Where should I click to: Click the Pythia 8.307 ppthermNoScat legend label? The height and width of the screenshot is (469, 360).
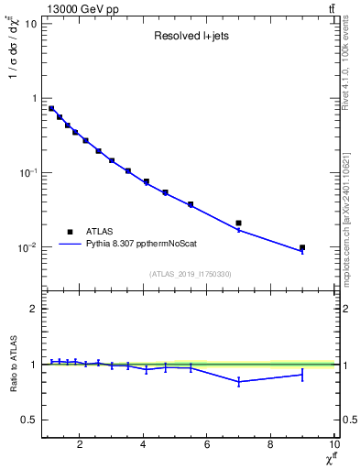coord(136,245)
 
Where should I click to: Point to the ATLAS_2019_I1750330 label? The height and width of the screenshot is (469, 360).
coord(190,273)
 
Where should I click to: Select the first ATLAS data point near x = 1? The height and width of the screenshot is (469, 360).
coord(51,108)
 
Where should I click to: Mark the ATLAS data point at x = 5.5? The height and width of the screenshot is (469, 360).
coord(191,204)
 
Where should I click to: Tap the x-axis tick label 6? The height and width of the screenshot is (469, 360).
coord(207,446)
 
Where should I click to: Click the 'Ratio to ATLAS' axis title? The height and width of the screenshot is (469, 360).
coord(12,365)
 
